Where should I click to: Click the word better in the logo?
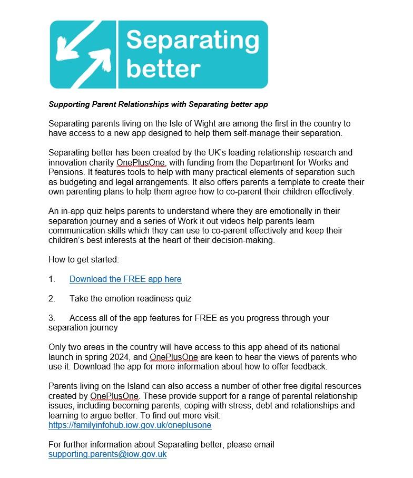[163, 69]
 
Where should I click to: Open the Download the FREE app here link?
[125, 279]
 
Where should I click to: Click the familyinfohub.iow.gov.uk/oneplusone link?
[130, 425]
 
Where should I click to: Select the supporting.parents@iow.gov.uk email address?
[107, 454]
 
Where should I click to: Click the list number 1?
[52, 279]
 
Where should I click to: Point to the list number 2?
[52, 298]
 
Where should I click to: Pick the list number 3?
[52, 318]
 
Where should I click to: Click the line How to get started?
[84, 259]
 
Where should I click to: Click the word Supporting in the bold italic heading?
[67, 104]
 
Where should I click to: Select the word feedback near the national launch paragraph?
[308, 366]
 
